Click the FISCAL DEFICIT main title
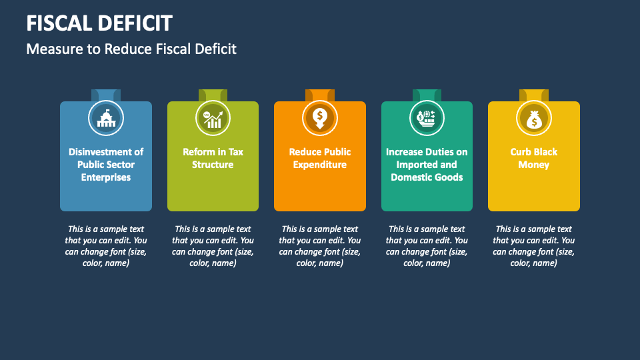99,23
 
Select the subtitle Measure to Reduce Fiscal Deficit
131,49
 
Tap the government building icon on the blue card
106,119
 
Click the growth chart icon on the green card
213,119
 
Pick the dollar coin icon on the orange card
320,119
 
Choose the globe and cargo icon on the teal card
427,119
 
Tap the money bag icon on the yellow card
534,119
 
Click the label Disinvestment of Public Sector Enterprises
106,165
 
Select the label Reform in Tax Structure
213,158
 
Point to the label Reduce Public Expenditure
320,158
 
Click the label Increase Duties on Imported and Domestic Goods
427,165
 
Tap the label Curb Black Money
534,158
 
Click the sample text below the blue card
106,246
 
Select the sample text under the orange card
320,246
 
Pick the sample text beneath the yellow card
534,246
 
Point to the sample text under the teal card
427,246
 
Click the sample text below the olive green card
213,246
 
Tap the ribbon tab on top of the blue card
106,95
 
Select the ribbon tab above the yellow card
534,95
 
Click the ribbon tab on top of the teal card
427,95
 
